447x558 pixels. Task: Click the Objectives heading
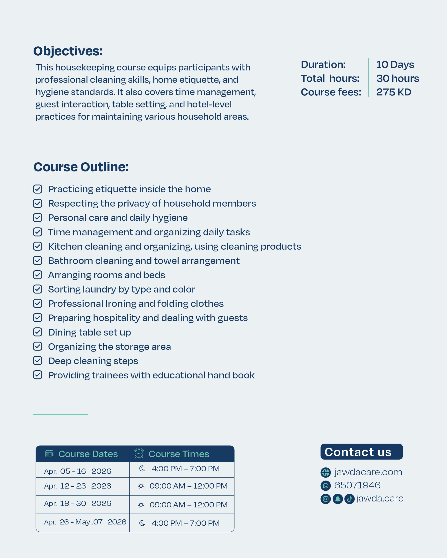pyautogui.click(x=68, y=51)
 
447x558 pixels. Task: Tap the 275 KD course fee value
pyautogui.click(x=393, y=92)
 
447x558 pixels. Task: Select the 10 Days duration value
pyautogui.click(x=395, y=65)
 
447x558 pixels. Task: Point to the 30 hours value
pyautogui.click(x=397, y=78)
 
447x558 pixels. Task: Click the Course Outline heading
pyautogui.click(x=81, y=167)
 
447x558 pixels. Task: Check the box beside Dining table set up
pyautogui.click(x=38, y=332)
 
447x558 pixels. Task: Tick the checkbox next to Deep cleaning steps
pyautogui.click(x=38, y=361)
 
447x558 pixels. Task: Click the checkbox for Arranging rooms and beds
pyautogui.click(x=38, y=275)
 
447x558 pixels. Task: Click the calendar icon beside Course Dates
pyautogui.click(x=49, y=453)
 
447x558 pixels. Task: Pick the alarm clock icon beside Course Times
pyautogui.click(x=139, y=453)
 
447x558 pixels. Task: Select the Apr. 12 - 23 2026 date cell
pyautogui.click(x=77, y=486)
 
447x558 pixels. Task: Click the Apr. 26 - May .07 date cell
pyautogui.click(x=85, y=522)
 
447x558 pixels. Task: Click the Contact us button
pyautogui.click(x=361, y=452)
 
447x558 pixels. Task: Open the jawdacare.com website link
pyautogui.click(x=368, y=472)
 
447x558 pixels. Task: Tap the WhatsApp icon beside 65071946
pyautogui.click(x=325, y=486)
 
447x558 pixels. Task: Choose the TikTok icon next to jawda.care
pyautogui.click(x=349, y=499)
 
